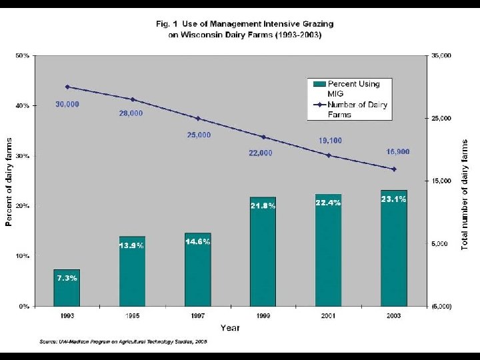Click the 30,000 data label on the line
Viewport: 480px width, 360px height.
coord(67,104)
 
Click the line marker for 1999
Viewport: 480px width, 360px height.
coord(263,137)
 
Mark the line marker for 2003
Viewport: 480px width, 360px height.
coord(394,169)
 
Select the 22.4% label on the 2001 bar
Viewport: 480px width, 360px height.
coord(328,203)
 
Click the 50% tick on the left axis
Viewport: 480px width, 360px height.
coord(22,56)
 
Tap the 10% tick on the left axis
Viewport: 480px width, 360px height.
coord(22,256)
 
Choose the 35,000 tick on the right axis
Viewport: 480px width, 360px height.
coord(440,56)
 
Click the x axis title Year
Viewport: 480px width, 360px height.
coord(230,327)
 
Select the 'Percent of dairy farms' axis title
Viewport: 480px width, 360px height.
coord(9,181)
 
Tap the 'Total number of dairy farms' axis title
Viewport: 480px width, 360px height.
coord(465,194)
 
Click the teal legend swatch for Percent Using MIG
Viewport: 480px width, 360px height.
coord(318,84)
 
